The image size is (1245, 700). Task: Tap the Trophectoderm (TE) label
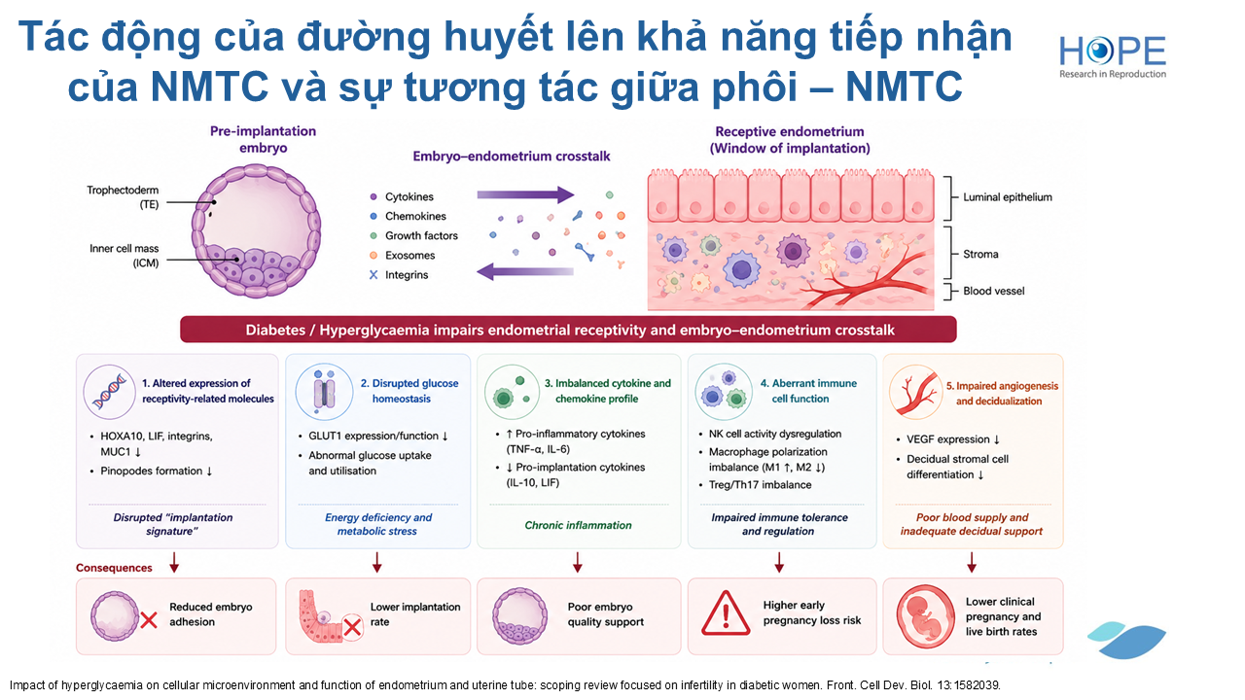(123, 197)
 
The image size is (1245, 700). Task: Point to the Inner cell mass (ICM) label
(124, 256)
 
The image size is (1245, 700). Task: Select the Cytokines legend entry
(402, 196)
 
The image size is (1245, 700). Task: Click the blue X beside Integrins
(373, 274)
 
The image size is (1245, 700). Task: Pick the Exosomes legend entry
(403, 255)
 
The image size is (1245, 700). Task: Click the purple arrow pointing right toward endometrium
(525, 194)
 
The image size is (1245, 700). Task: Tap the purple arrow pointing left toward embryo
(525, 271)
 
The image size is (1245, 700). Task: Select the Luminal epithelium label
(1007, 197)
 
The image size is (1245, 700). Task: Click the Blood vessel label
(993, 291)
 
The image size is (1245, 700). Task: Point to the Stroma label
(980, 254)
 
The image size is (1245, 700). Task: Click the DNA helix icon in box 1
(109, 392)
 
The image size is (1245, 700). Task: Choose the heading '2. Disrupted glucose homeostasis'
(409, 391)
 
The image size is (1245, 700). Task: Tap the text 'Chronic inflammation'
(578, 525)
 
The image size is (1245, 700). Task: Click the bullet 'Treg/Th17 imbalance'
(760, 484)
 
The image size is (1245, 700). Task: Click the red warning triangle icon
(726, 613)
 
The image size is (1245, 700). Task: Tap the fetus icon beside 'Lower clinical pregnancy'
(925, 616)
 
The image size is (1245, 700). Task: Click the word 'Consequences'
(114, 567)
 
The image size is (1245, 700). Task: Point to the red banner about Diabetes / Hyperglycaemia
(568, 330)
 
